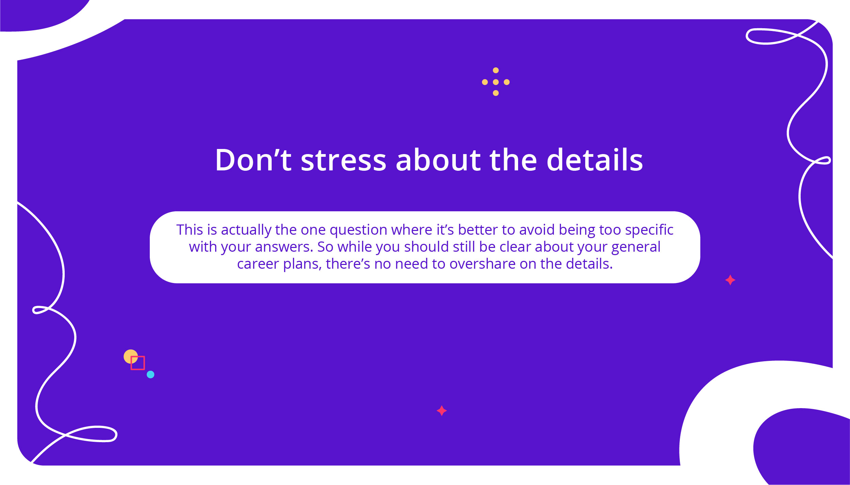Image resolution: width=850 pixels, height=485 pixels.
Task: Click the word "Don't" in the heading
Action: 253,160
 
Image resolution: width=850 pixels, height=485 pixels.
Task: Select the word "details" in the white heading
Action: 595,160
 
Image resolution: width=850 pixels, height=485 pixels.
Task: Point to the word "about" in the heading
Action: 438,160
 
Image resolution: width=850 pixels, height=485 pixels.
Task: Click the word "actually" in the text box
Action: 246,230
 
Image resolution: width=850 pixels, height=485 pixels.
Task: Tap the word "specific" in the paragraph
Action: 649,230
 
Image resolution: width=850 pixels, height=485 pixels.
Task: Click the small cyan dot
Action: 150,374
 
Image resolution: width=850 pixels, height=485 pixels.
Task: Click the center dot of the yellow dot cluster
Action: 496,82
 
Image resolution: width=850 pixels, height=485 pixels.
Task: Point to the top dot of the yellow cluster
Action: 496,70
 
